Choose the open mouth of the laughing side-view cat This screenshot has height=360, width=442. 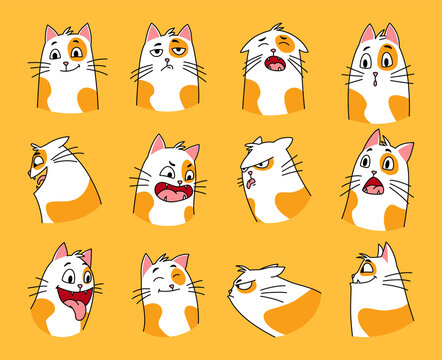[x=39, y=180]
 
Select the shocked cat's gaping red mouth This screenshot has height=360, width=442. [x=372, y=185]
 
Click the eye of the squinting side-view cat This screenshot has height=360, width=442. [x=369, y=268]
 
